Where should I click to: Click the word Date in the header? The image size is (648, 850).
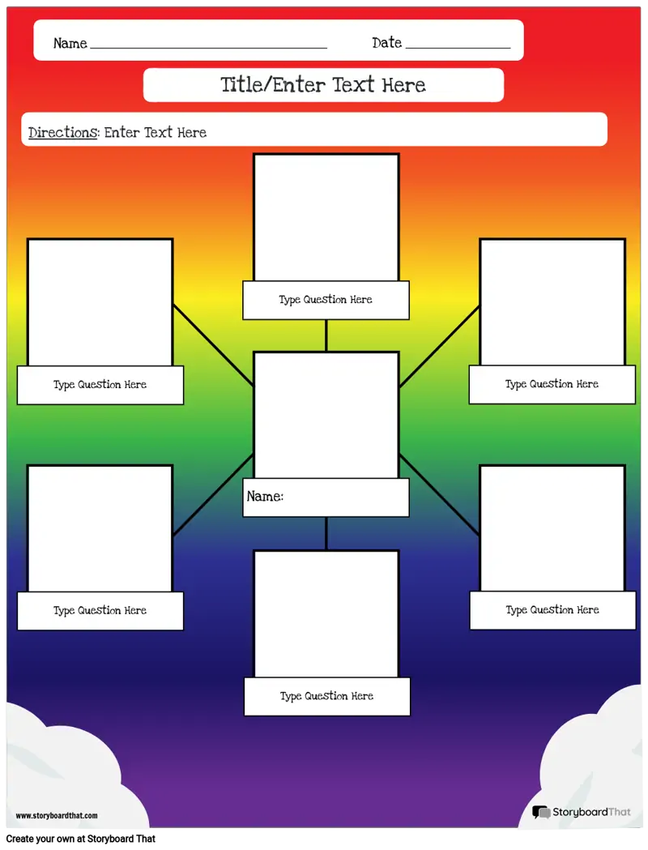pyautogui.click(x=387, y=42)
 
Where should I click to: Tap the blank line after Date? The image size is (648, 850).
pyautogui.click(x=458, y=49)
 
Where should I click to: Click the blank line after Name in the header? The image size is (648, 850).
pyautogui.click(x=209, y=49)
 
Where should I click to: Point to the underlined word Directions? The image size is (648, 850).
pyautogui.click(x=63, y=132)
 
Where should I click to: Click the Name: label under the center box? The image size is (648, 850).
pyautogui.click(x=265, y=496)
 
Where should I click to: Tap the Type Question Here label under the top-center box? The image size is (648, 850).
pyautogui.click(x=326, y=299)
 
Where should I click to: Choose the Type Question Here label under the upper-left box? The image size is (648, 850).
pyautogui.click(x=100, y=384)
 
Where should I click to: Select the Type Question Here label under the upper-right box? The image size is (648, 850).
pyautogui.click(x=552, y=384)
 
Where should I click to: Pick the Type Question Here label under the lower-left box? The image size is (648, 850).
pyautogui.click(x=100, y=610)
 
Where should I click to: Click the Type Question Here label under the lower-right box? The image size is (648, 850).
pyautogui.click(x=552, y=610)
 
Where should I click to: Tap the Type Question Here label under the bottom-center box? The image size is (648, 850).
pyautogui.click(x=326, y=696)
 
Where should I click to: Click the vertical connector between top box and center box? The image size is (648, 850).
pyautogui.click(x=326, y=335)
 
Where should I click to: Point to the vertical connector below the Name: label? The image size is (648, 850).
pyautogui.click(x=326, y=533)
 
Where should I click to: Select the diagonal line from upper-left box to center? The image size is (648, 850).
pyautogui.click(x=214, y=345)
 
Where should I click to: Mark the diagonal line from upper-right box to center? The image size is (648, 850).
pyautogui.click(x=439, y=346)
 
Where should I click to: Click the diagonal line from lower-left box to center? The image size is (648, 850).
pyautogui.click(x=214, y=495)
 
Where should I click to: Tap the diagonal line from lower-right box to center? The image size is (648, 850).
pyautogui.click(x=439, y=495)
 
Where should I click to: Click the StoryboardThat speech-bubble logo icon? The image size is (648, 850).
pyautogui.click(x=541, y=812)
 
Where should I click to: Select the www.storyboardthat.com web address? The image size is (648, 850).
pyautogui.click(x=57, y=815)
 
